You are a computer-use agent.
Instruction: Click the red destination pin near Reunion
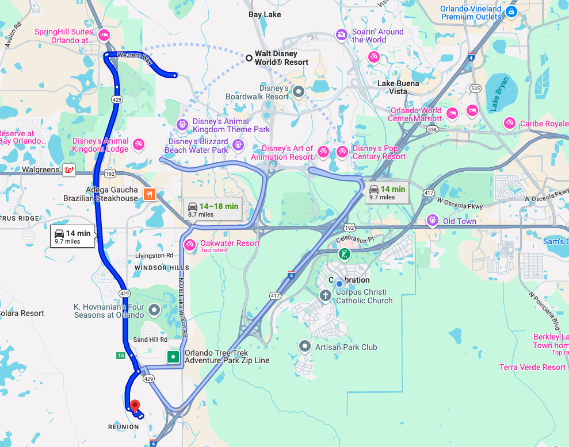click(135, 406)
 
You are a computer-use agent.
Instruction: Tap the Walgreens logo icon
click(69, 169)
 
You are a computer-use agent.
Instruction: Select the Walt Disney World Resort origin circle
click(249, 57)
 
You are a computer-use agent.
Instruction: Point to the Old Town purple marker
click(433, 221)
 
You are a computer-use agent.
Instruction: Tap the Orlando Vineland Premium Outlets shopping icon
click(511, 11)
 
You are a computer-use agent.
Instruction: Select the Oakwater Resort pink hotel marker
click(189, 245)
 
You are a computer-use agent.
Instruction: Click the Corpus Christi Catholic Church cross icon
click(325, 295)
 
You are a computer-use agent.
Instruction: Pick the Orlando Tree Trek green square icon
click(173, 357)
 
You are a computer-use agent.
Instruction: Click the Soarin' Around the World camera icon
click(342, 35)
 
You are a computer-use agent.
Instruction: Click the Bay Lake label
click(265, 14)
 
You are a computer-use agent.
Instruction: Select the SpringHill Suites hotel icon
click(104, 36)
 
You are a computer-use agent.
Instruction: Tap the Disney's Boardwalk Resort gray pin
click(298, 91)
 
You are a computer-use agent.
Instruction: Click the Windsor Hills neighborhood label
click(162, 268)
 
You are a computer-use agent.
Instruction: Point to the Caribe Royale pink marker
click(509, 123)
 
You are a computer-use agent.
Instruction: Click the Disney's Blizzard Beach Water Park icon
click(237, 142)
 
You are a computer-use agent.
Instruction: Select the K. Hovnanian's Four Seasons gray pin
click(154, 310)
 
